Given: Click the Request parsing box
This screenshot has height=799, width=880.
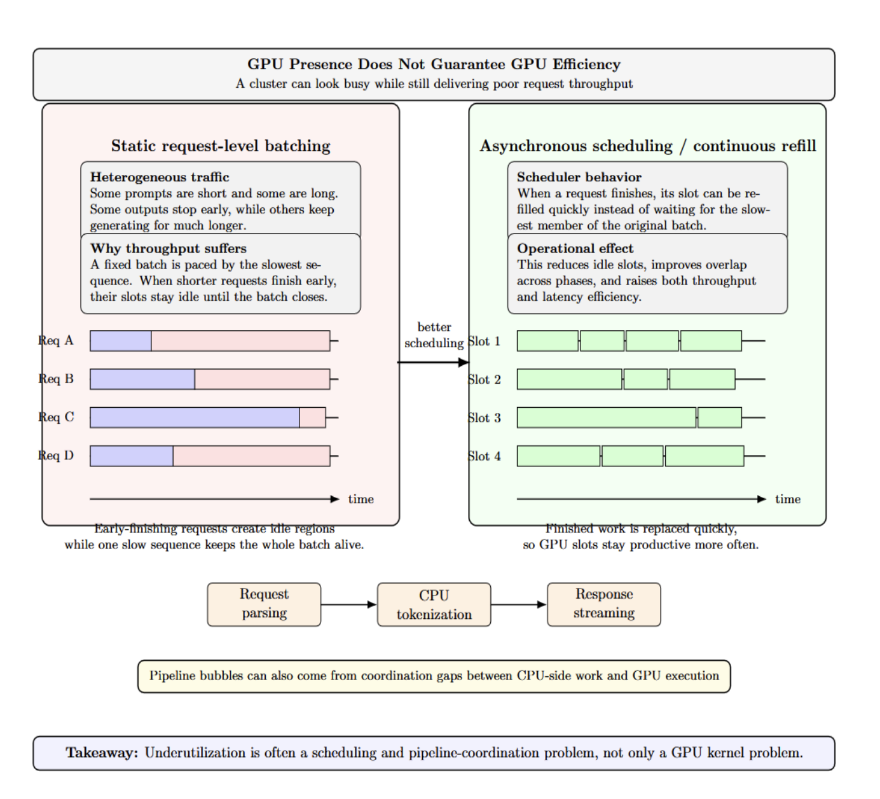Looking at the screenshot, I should pyautogui.click(x=264, y=604).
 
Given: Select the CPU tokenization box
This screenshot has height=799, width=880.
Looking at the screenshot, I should pyautogui.click(x=434, y=604).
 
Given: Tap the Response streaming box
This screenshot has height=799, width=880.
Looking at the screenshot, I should pyautogui.click(x=604, y=604).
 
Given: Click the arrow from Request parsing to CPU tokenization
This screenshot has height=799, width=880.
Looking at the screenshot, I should pyautogui.click(x=348, y=604).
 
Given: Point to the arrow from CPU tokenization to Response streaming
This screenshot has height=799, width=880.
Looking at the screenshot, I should pyautogui.click(x=519, y=604).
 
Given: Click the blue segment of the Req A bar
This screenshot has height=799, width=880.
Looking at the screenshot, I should pyautogui.click(x=121, y=341).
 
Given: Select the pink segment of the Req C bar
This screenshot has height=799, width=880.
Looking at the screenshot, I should pyautogui.click(x=313, y=417).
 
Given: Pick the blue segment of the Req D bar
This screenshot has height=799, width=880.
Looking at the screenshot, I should pyautogui.click(x=132, y=455).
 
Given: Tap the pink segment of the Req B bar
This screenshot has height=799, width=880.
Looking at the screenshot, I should pyautogui.click(x=262, y=379).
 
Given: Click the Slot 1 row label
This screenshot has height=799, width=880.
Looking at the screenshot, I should pyautogui.click(x=485, y=342).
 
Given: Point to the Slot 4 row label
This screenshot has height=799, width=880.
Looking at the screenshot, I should pyautogui.click(x=485, y=456).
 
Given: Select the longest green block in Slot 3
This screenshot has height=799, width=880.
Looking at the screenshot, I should pyautogui.click(x=607, y=417).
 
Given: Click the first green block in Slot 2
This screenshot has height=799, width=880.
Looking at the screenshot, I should pyautogui.click(x=570, y=379).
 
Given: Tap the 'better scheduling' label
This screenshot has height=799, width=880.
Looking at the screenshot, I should pyautogui.click(x=434, y=335).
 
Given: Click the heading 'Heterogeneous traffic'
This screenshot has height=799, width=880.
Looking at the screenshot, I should pyautogui.click(x=160, y=177).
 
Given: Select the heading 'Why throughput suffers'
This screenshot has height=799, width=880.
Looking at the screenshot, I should pyautogui.click(x=168, y=248).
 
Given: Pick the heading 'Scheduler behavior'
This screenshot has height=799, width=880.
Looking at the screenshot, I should pyautogui.click(x=579, y=177).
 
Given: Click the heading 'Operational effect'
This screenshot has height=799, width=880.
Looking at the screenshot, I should pyautogui.click(x=575, y=248).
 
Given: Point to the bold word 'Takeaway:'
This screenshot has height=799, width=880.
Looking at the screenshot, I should pyautogui.click(x=102, y=753).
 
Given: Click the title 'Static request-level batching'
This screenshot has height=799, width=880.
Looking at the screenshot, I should pyautogui.click(x=221, y=146).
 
